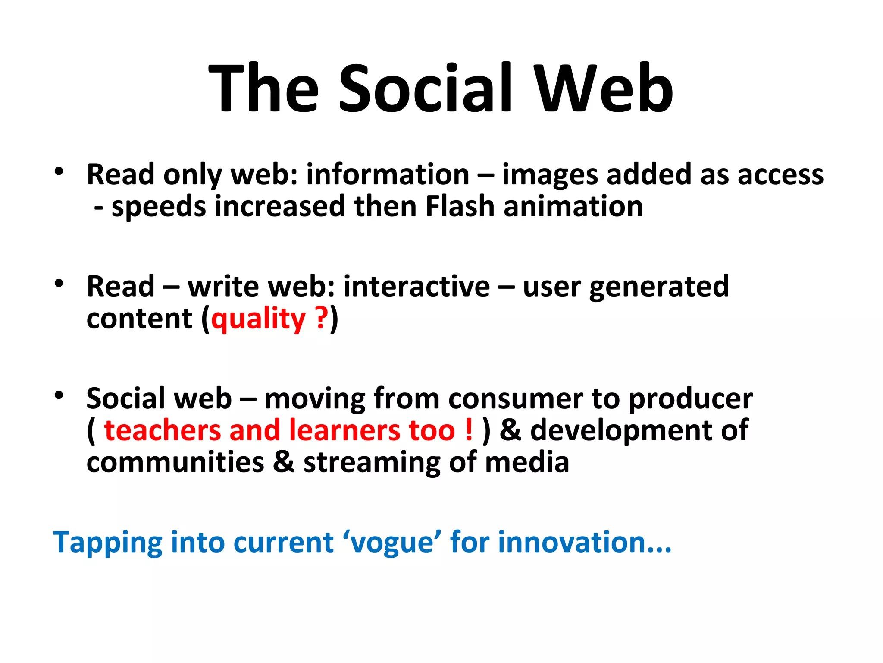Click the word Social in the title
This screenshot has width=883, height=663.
[x=426, y=88]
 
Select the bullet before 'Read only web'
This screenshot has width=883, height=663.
[x=59, y=172]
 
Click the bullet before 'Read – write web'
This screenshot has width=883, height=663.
[x=59, y=284]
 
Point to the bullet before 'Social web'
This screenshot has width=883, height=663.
[x=59, y=395]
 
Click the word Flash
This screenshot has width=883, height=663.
[x=460, y=206]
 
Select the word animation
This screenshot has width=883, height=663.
[x=573, y=206]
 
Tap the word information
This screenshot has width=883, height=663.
[x=388, y=174]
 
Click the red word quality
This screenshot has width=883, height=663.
[x=258, y=319]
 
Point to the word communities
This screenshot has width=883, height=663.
[x=175, y=462]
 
